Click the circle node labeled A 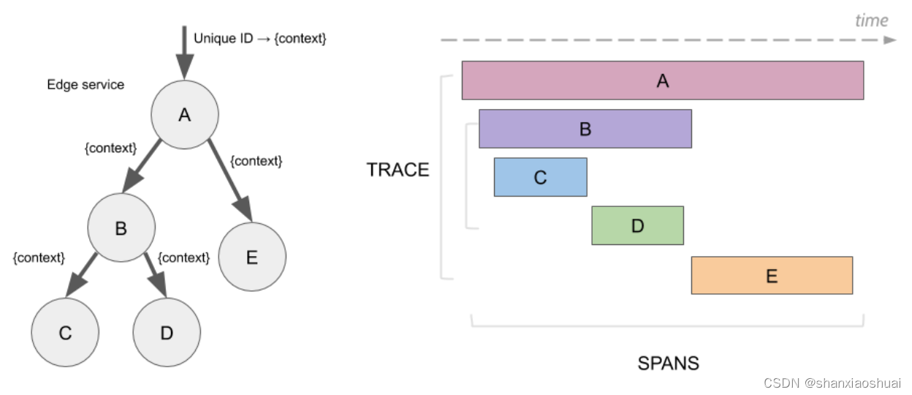[x=184, y=115]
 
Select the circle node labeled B [x=121, y=228]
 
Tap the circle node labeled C [x=65, y=332]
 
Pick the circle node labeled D [x=167, y=332]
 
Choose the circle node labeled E [x=252, y=257]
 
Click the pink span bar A [x=662, y=80]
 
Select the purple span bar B [x=585, y=129]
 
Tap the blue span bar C [x=540, y=177]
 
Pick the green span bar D [x=637, y=225]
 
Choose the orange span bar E [x=772, y=275]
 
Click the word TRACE [x=398, y=170]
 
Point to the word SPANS [x=668, y=363]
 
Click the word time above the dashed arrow [x=871, y=20]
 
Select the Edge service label [x=85, y=85]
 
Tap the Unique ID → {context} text [x=259, y=38]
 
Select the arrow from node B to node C [x=82, y=276]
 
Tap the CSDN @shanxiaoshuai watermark [x=832, y=383]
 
